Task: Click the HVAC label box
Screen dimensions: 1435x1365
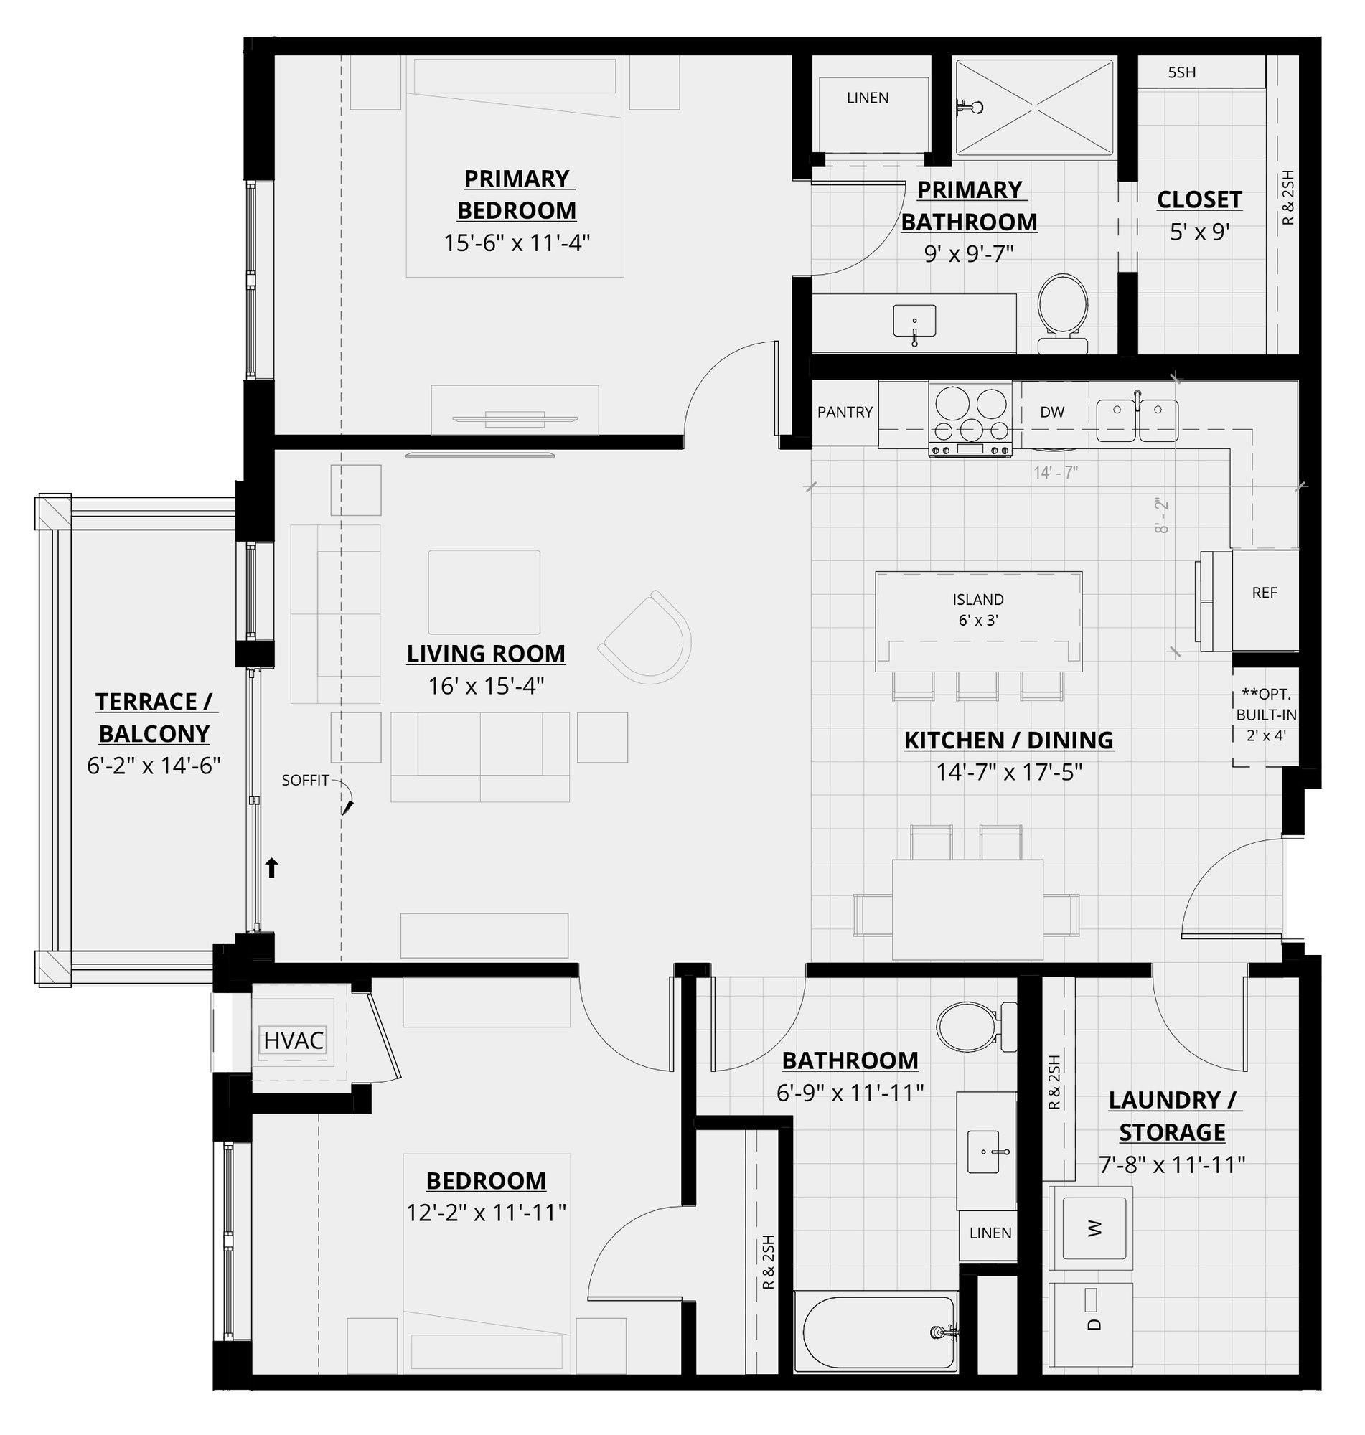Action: (x=294, y=1041)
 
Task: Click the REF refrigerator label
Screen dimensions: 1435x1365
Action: (x=1265, y=593)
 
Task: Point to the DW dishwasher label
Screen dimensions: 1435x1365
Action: (x=1052, y=413)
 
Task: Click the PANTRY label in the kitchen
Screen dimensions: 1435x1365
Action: (x=845, y=413)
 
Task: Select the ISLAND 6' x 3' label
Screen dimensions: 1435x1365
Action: (x=978, y=609)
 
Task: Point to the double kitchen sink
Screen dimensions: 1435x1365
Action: (x=1137, y=418)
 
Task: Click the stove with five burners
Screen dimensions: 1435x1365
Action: (x=970, y=418)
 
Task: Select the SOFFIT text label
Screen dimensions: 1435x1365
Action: (x=306, y=781)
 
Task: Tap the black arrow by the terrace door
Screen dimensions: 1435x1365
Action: (x=271, y=867)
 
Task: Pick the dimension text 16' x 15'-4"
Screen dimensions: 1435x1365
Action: (x=486, y=686)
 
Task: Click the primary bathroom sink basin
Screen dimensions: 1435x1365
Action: (x=914, y=321)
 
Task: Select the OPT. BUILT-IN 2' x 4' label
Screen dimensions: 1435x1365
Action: (x=1265, y=714)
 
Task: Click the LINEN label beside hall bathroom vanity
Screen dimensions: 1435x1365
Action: (x=990, y=1233)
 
